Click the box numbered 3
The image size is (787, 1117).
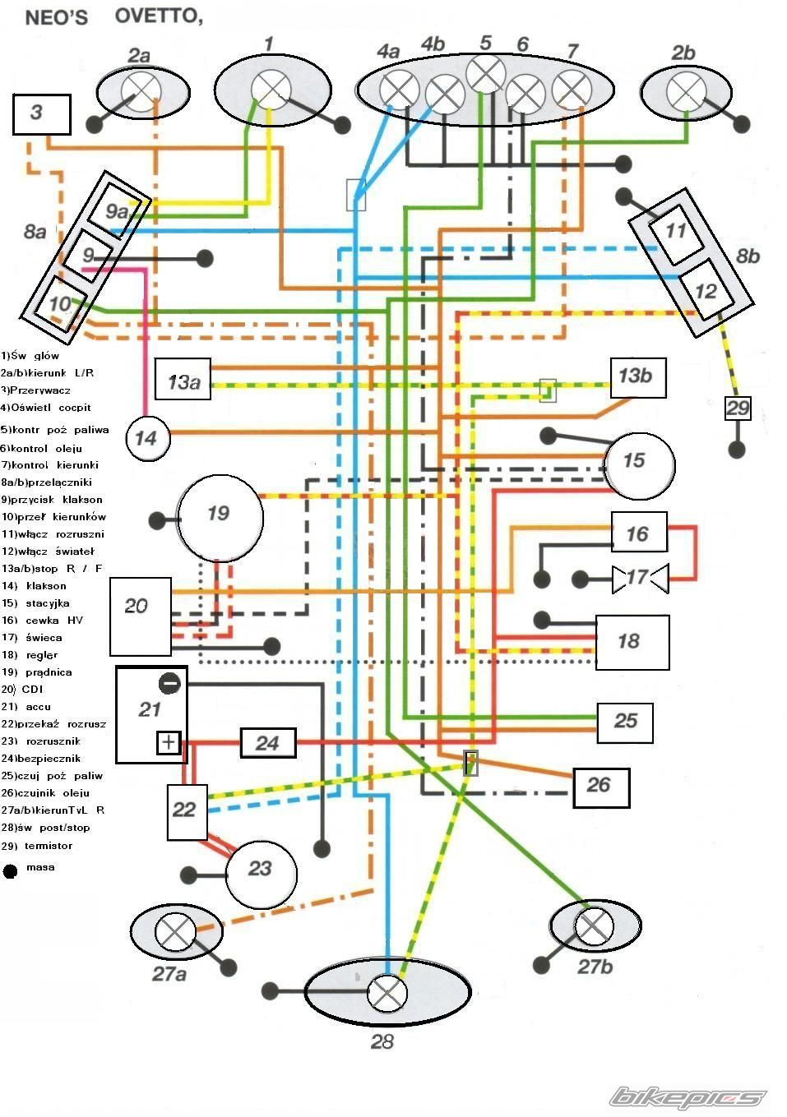(41, 113)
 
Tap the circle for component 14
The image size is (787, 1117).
(147, 437)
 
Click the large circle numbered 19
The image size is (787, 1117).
(220, 516)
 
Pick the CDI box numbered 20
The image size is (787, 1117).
(141, 615)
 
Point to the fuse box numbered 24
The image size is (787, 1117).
(267, 743)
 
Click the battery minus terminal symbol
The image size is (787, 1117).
(169, 682)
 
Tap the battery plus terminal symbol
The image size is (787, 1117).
(169, 742)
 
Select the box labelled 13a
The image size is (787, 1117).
(183, 381)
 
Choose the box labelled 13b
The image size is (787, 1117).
(637, 376)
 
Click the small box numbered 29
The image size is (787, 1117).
(738, 408)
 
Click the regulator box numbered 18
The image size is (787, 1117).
(632, 641)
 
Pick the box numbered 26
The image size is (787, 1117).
(601, 787)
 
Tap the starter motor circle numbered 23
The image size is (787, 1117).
(261, 870)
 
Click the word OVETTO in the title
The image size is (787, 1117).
(158, 16)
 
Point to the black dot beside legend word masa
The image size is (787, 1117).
(11, 870)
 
